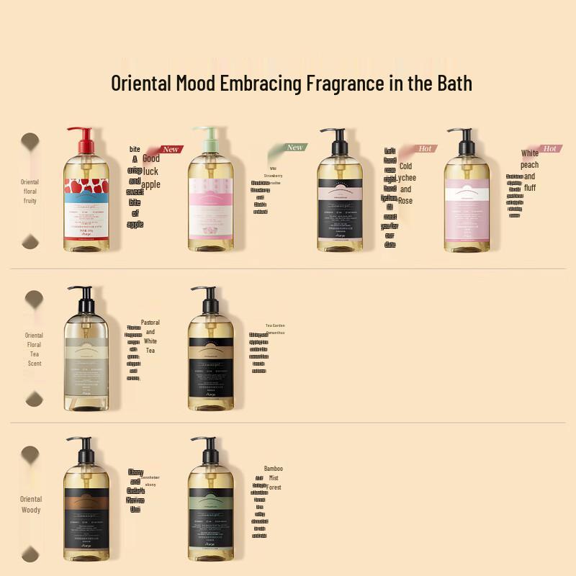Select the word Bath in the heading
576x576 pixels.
pyautogui.click(x=451, y=83)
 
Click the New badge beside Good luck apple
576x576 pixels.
pyautogui.click(x=171, y=149)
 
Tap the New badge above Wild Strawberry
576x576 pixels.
pyautogui.click(x=294, y=147)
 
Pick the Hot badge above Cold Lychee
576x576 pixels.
pyautogui.click(x=425, y=148)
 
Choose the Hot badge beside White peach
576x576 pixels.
pyautogui.click(x=550, y=148)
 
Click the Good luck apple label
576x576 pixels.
pyautogui.click(x=150, y=171)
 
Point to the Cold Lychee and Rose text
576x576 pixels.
pyautogui.click(x=406, y=184)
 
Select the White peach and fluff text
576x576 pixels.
pyautogui.click(x=530, y=171)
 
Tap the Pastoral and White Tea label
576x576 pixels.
pyautogui.click(x=150, y=336)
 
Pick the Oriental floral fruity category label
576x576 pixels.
pyautogui.click(x=30, y=192)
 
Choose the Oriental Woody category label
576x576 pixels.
pyautogui.click(x=30, y=504)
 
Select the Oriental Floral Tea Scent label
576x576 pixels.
pyautogui.click(x=34, y=349)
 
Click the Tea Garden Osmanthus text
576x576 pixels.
pyautogui.click(x=275, y=329)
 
